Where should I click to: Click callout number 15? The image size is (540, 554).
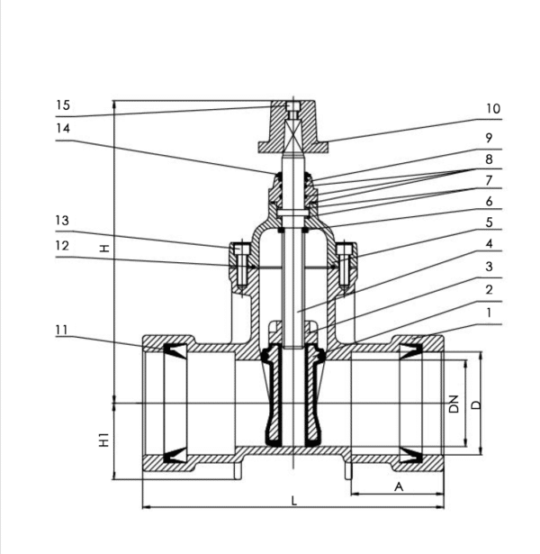(62, 105)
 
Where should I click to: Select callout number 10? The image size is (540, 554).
(492, 108)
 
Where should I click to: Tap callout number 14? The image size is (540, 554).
(62, 128)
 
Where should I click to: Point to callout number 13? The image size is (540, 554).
(62, 221)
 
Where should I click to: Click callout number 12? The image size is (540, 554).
(62, 244)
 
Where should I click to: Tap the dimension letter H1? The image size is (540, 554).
(104, 440)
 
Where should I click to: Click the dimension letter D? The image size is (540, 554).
(477, 403)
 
